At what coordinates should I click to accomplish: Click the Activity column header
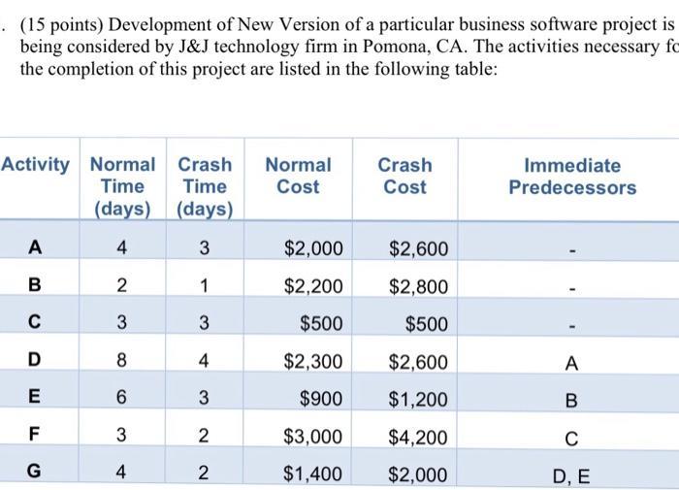(36, 165)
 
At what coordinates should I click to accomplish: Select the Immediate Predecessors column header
(572, 176)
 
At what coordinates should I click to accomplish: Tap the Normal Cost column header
(298, 176)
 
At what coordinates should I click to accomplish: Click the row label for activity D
(35, 362)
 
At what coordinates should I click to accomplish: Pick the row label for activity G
(35, 474)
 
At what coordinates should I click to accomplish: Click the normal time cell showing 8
(121, 362)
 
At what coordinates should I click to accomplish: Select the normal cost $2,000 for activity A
(313, 249)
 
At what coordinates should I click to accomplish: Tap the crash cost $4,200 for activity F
(418, 438)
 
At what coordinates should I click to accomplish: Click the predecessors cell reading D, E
(571, 475)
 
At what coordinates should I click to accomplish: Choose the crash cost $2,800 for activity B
(418, 287)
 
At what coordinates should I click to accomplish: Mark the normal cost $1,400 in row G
(313, 474)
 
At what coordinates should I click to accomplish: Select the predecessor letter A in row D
(571, 364)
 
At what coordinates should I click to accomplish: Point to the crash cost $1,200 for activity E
(418, 400)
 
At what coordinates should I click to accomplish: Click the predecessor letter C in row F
(571, 439)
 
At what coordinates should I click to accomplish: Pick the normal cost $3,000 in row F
(313, 438)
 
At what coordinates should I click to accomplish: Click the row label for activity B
(35, 287)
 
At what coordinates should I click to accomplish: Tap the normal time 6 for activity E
(121, 400)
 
